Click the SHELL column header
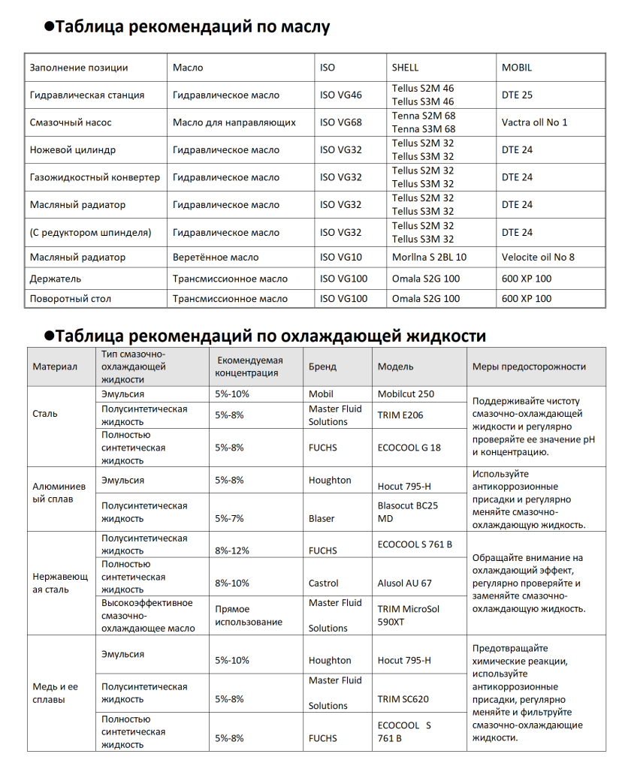[x=405, y=68]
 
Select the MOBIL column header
[x=516, y=68]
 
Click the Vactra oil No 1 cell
[x=534, y=122]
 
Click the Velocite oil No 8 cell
[x=538, y=257]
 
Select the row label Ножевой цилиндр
[x=73, y=150]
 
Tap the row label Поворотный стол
[x=71, y=299]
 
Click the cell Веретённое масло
[x=216, y=257]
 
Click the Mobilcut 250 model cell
[x=406, y=394]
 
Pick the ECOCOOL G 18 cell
[x=409, y=448]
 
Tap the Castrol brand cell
[x=324, y=583]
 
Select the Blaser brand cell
[x=322, y=518]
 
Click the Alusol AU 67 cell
[x=405, y=583]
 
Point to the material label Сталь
[x=45, y=414]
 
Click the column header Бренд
[x=322, y=367]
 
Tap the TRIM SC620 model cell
[x=403, y=699]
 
